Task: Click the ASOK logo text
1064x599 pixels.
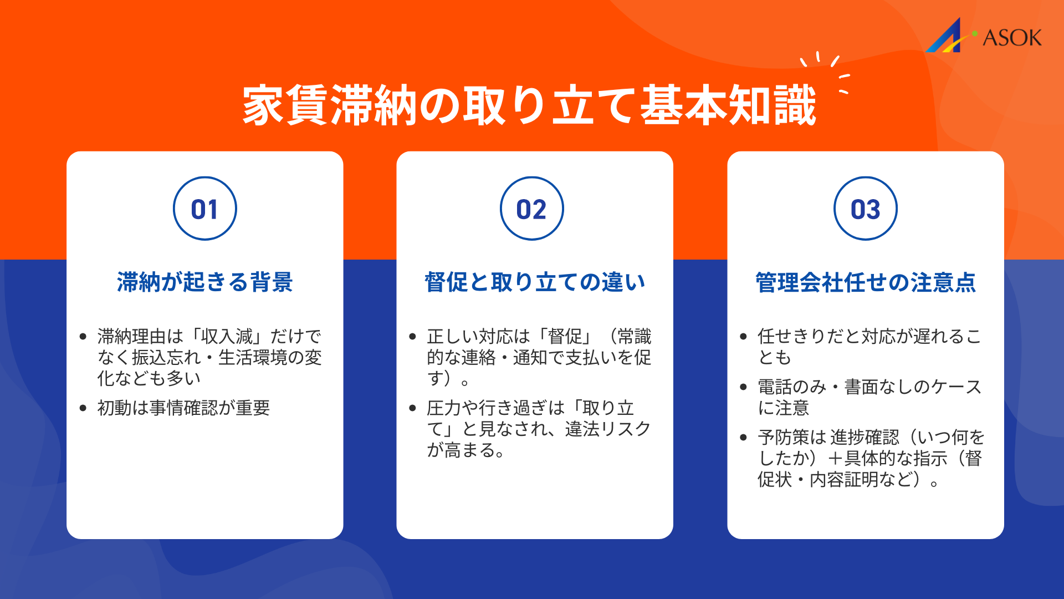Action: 1012,38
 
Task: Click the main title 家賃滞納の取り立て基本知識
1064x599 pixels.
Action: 529,105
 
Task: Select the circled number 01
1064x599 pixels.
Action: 204,209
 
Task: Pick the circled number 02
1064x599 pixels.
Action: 531,209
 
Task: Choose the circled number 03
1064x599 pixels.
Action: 865,209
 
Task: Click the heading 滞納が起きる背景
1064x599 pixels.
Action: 204,282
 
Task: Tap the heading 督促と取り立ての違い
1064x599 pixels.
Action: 535,282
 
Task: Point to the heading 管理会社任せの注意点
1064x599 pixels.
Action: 865,282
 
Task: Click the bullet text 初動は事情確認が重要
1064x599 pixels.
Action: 183,408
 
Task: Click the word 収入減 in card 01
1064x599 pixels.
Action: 227,336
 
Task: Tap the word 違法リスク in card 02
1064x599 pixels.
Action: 608,429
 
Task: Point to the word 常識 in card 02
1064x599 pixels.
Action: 634,336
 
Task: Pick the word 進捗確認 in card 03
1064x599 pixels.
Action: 864,437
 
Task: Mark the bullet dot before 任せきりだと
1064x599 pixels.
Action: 744,337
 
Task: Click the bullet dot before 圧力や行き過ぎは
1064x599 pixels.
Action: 412,408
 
